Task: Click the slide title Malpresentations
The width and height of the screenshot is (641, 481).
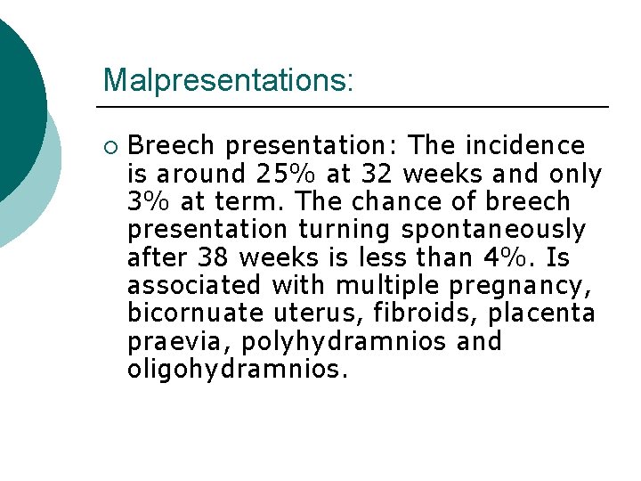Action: pyautogui.click(x=228, y=80)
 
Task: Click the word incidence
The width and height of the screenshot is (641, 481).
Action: pyautogui.click(x=530, y=145)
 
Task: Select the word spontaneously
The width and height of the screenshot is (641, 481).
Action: pyautogui.click(x=493, y=230)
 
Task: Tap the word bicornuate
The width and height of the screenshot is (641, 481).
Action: pyautogui.click(x=196, y=314)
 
